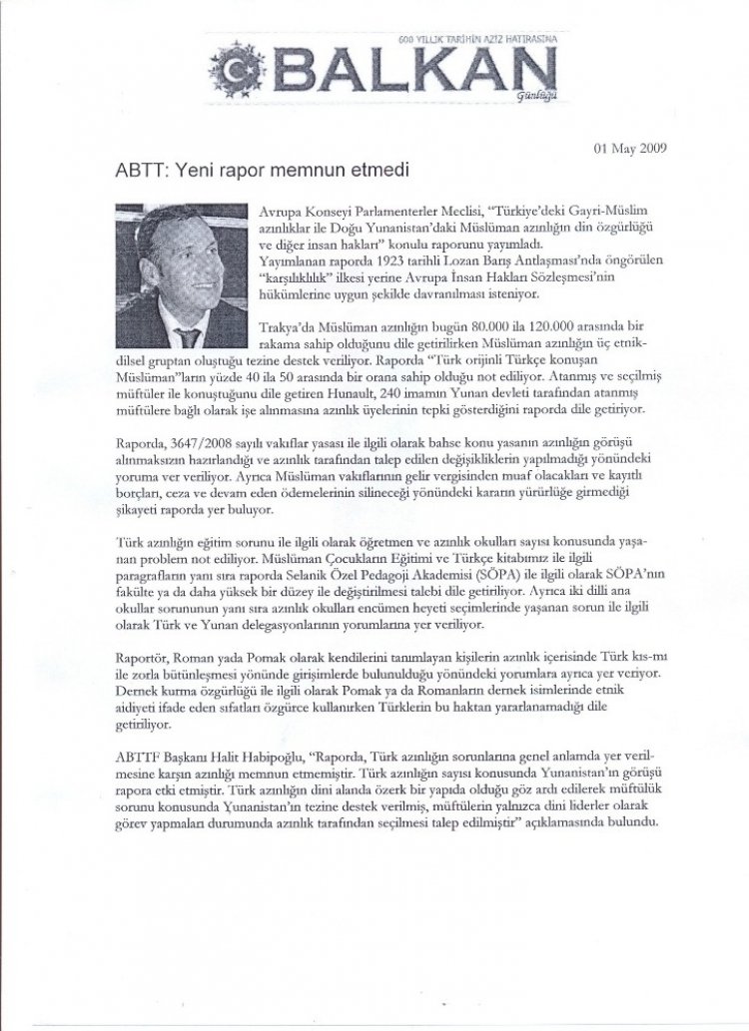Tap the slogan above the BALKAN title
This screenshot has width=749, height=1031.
(x=477, y=39)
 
